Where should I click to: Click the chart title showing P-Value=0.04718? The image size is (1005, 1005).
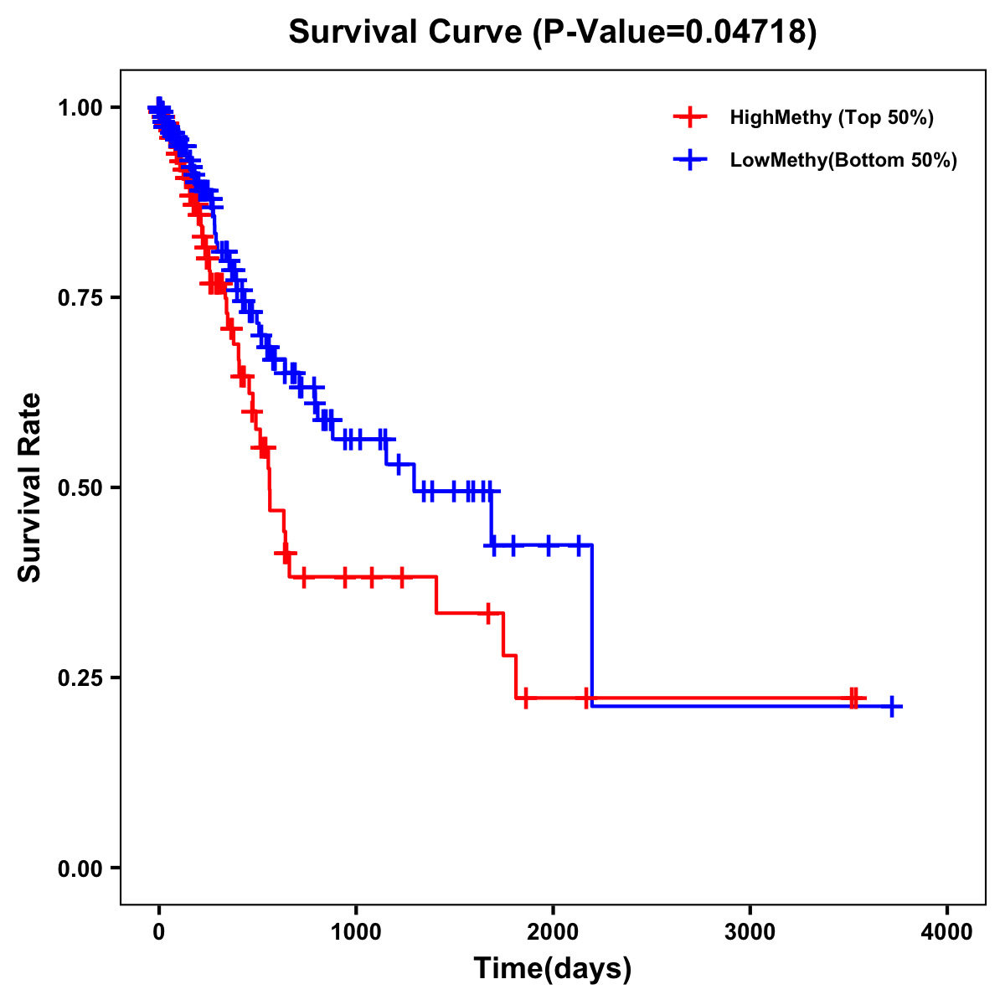click(x=552, y=33)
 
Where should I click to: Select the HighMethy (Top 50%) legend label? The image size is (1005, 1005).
click(x=832, y=117)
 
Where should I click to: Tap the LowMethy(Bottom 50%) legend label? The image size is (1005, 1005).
click(x=843, y=160)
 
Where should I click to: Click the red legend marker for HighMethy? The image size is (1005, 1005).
click(x=689, y=117)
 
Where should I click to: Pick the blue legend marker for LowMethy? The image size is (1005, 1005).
click(x=689, y=160)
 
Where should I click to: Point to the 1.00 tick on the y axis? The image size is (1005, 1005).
click(x=80, y=108)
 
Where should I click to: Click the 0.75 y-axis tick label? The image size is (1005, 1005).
click(x=80, y=298)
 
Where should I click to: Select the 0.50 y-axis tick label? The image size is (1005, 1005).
click(x=80, y=488)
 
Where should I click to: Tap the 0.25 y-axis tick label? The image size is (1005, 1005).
click(x=80, y=678)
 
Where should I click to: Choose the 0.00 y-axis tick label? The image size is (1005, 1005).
click(x=80, y=868)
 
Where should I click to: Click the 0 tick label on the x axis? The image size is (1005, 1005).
click(x=158, y=931)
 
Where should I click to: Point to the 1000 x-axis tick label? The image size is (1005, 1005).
click(x=356, y=931)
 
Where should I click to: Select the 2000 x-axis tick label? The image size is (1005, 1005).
click(x=553, y=931)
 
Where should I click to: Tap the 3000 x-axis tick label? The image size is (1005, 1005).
click(x=750, y=931)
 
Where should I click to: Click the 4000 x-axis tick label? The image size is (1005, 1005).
click(x=947, y=931)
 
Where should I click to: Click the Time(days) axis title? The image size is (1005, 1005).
click(x=553, y=969)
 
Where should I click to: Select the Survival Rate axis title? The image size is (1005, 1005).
click(x=30, y=487)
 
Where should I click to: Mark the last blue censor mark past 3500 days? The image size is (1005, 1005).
click(x=893, y=706)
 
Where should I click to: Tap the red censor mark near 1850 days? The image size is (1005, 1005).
click(x=525, y=698)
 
